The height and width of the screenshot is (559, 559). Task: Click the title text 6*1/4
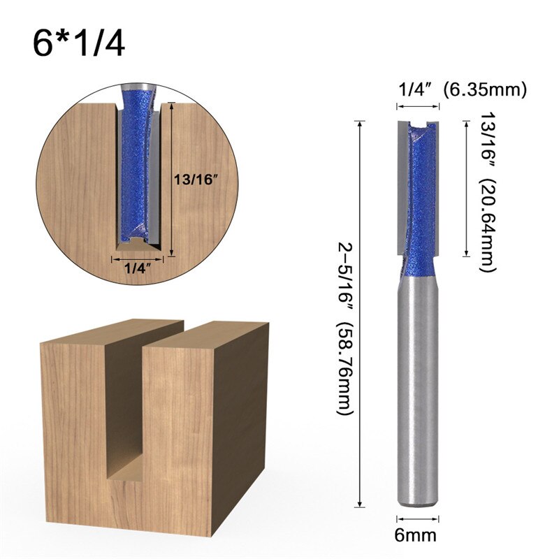78,43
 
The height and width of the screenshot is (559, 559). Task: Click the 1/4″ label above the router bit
417,89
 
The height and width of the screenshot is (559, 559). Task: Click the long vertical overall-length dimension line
361,314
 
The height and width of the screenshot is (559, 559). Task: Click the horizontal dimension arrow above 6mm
418,518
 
